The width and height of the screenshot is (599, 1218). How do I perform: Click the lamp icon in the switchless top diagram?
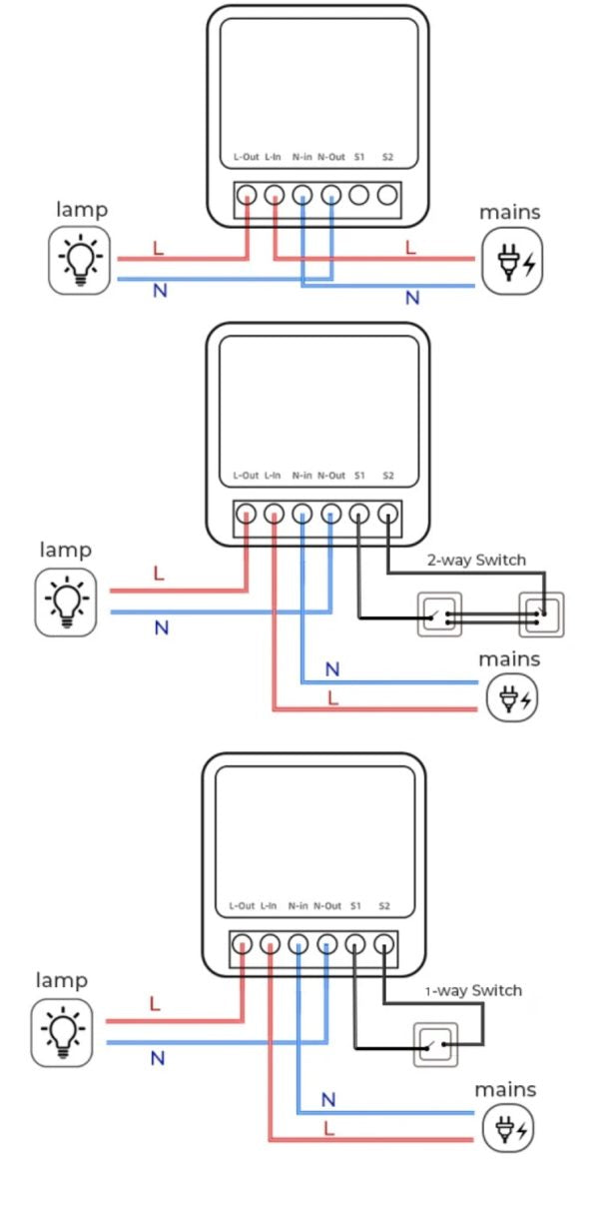click(x=80, y=260)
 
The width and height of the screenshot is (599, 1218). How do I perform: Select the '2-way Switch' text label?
click(x=476, y=560)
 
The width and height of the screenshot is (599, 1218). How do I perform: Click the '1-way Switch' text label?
click(x=473, y=990)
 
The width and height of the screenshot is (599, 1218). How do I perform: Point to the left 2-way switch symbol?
click(x=439, y=615)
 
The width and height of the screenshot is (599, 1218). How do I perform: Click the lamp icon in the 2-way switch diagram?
click(x=66, y=602)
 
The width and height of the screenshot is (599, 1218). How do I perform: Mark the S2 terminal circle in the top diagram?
click(x=386, y=195)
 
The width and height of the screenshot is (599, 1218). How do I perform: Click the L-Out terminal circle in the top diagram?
click(x=247, y=195)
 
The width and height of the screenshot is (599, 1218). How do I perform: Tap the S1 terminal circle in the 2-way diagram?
click(x=358, y=514)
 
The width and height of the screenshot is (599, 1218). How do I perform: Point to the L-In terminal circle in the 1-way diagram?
click(x=270, y=943)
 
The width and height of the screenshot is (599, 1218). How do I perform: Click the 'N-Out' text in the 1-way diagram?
click(x=327, y=905)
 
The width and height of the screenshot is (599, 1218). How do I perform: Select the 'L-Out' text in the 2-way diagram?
click(x=246, y=476)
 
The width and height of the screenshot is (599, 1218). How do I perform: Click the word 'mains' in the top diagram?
click(x=509, y=212)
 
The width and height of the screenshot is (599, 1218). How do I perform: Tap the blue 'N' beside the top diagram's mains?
click(x=412, y=298)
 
